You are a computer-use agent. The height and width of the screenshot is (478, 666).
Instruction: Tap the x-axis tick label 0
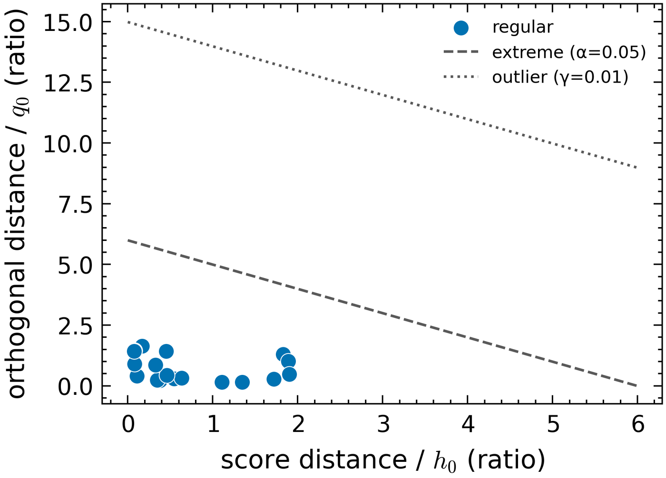tap(128, 425)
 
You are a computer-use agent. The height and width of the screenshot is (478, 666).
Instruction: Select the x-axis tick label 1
tap(213, 425)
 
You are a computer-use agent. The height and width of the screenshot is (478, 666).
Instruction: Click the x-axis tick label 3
tap(383, 425)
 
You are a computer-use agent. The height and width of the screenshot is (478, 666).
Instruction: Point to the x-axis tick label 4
tap(468, 425)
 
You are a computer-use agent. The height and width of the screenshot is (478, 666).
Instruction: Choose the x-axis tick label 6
tap(638, 425)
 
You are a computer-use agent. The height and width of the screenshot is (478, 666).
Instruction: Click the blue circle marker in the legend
tap(461, 28)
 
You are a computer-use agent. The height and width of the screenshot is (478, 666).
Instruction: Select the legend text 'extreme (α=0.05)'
tap(569, 53)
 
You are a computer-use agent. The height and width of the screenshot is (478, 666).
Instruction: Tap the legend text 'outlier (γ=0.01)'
tap(560, 77)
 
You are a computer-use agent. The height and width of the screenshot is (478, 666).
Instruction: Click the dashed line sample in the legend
tap(461, 52)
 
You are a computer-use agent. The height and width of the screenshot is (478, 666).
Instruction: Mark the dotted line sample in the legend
tap(461, 76)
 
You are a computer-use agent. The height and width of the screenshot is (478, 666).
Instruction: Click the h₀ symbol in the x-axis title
tap(444, 461)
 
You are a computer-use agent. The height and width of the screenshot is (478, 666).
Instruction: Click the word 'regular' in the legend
tap(523, 28)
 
